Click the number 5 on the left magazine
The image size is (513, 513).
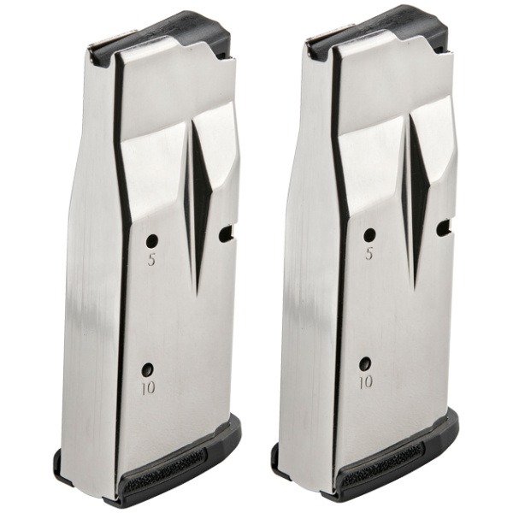point(151,259)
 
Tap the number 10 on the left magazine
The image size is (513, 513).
point(148,387)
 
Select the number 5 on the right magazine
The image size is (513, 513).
point(369,254)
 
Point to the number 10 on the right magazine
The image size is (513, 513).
point(366,382)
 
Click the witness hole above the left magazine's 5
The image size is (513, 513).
point(152,241)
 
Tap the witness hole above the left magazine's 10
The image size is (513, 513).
point(148,369)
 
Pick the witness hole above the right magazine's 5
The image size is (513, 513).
point(369,235)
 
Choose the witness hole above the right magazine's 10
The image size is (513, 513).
point(365,363)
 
